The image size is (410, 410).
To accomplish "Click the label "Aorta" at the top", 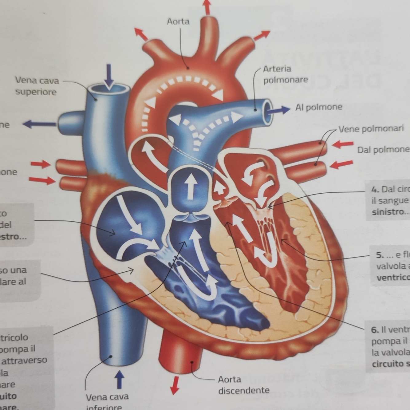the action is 178,22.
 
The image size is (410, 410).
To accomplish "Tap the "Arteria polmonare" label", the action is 285,74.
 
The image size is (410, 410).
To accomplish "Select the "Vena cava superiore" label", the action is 37,86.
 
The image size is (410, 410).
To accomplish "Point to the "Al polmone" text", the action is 319,107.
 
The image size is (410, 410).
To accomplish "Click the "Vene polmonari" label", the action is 371,128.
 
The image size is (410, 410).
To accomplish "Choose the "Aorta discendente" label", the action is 243,385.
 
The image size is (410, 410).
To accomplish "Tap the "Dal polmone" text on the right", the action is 383,150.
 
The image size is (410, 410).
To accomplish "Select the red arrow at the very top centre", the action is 207,7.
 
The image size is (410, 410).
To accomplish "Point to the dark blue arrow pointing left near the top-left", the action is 39,124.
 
